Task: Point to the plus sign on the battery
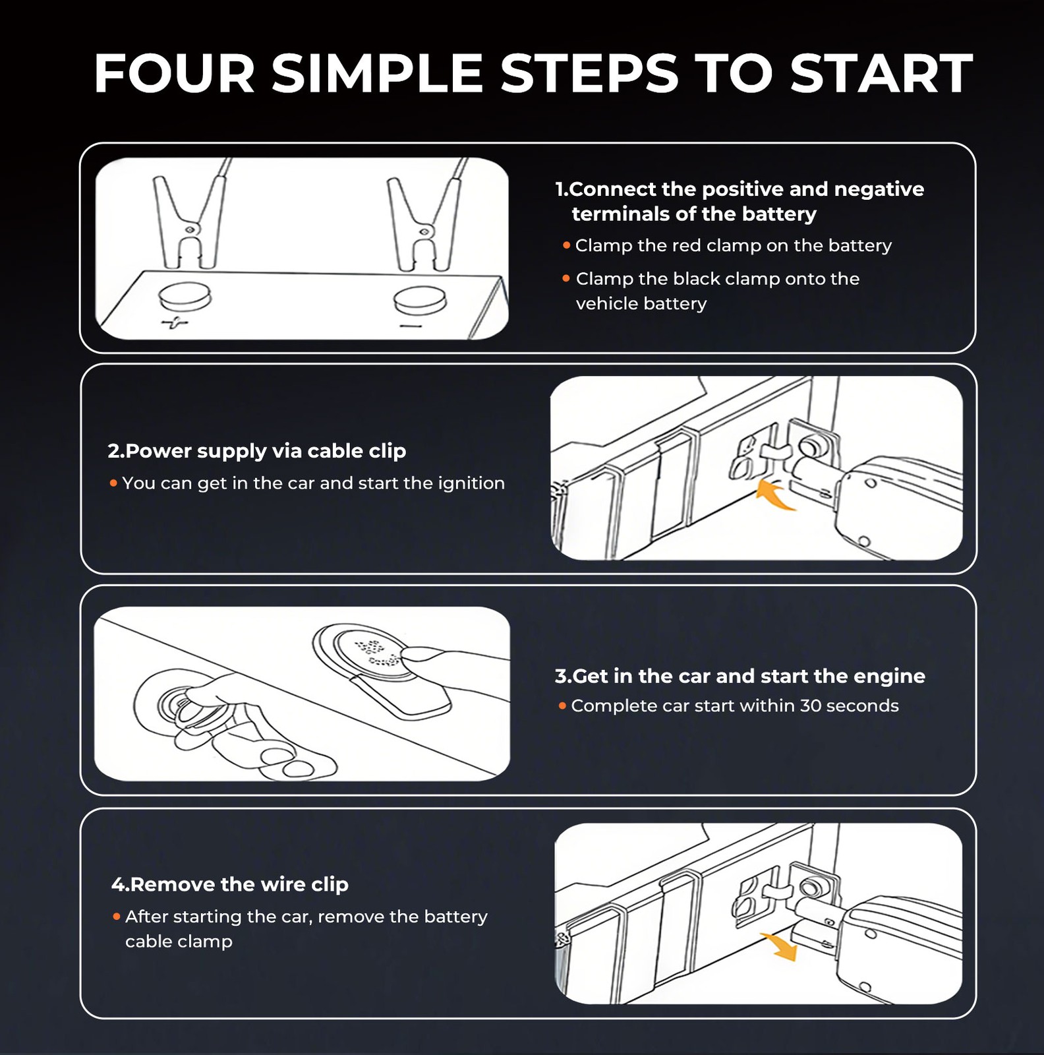tap(175, 322)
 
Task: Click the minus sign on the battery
tap(410, 326)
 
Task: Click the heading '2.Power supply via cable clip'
tap(257, 451)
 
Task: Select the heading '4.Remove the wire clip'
tap(229, 884)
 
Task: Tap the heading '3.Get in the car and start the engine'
tap(739, 676)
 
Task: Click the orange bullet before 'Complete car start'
tap(562, 706)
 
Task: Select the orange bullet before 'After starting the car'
tap(116, 917)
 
